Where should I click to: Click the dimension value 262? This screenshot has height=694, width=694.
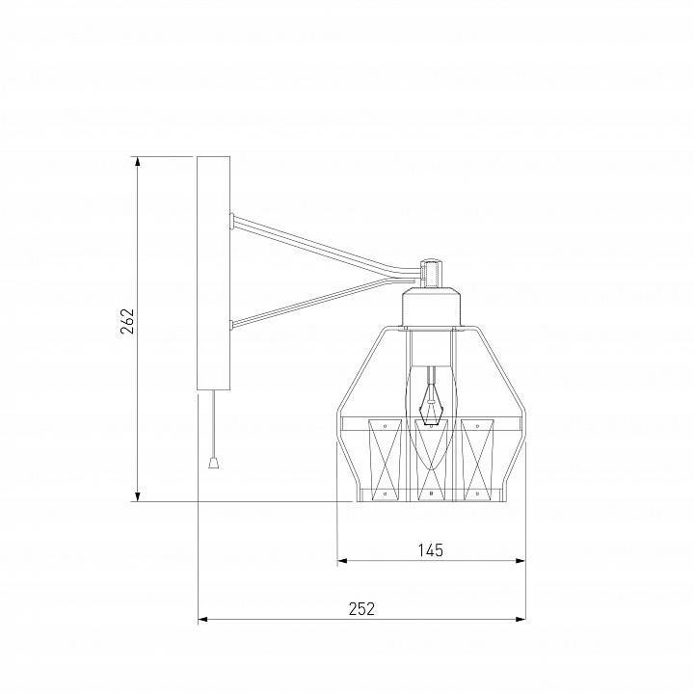point(127,321)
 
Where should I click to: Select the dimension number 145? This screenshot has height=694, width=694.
point(430,549)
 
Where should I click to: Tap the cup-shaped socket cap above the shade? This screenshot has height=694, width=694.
point(432,306)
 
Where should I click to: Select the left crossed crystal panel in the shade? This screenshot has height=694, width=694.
point(383,461)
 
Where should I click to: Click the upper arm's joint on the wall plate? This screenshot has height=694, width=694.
point(232,219)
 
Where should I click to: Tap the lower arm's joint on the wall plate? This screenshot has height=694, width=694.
point(232,325)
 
